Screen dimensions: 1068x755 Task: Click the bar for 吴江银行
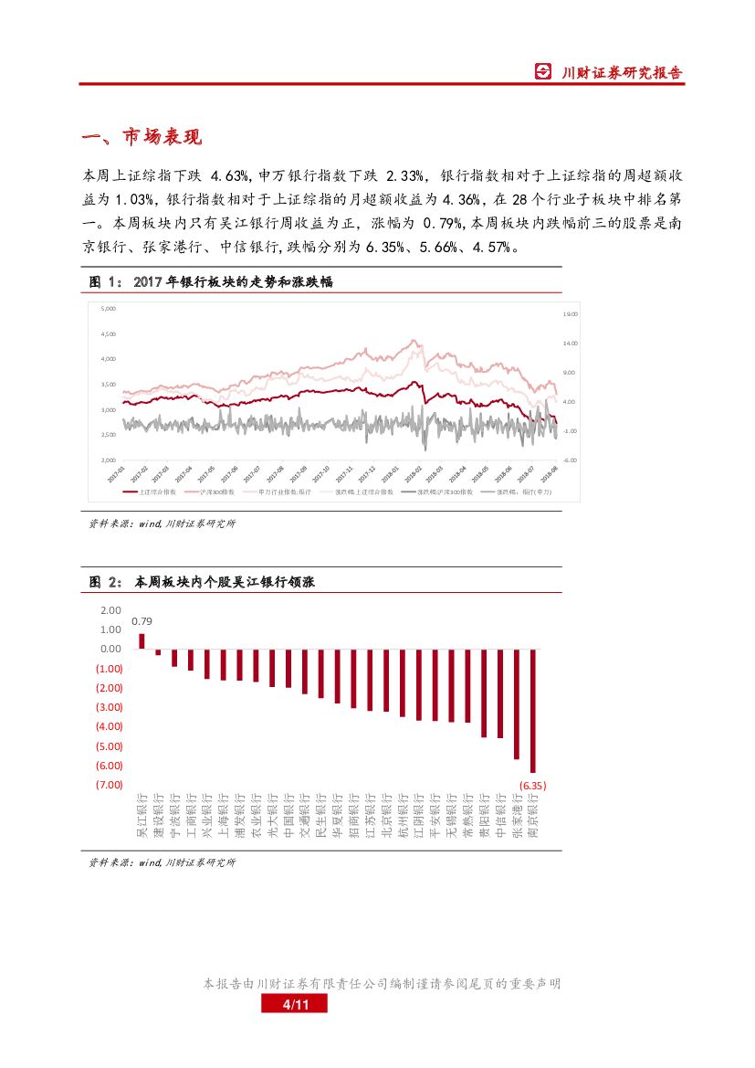pos(142,640)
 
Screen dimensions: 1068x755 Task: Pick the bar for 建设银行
pos(158,651)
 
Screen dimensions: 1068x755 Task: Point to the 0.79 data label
pos(142,621)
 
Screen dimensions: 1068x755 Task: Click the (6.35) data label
pos(532,785)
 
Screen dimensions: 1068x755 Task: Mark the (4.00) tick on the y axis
pos(109,726)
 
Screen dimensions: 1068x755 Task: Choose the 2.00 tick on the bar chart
pos(110,610)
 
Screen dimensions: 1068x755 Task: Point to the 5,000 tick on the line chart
pos(108,309)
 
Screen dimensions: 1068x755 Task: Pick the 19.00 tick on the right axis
pos(571,313)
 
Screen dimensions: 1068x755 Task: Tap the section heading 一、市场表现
pos(142,138)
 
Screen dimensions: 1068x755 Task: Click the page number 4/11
pos(293,1005)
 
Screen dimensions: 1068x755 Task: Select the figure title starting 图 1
pos(210,282)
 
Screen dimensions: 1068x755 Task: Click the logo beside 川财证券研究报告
pos(543,72)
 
